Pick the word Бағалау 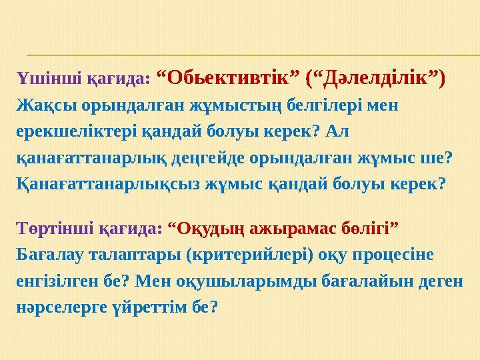tap(48, 255)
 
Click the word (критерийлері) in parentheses tap(258, 255)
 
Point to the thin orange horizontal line tap(253, 53)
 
